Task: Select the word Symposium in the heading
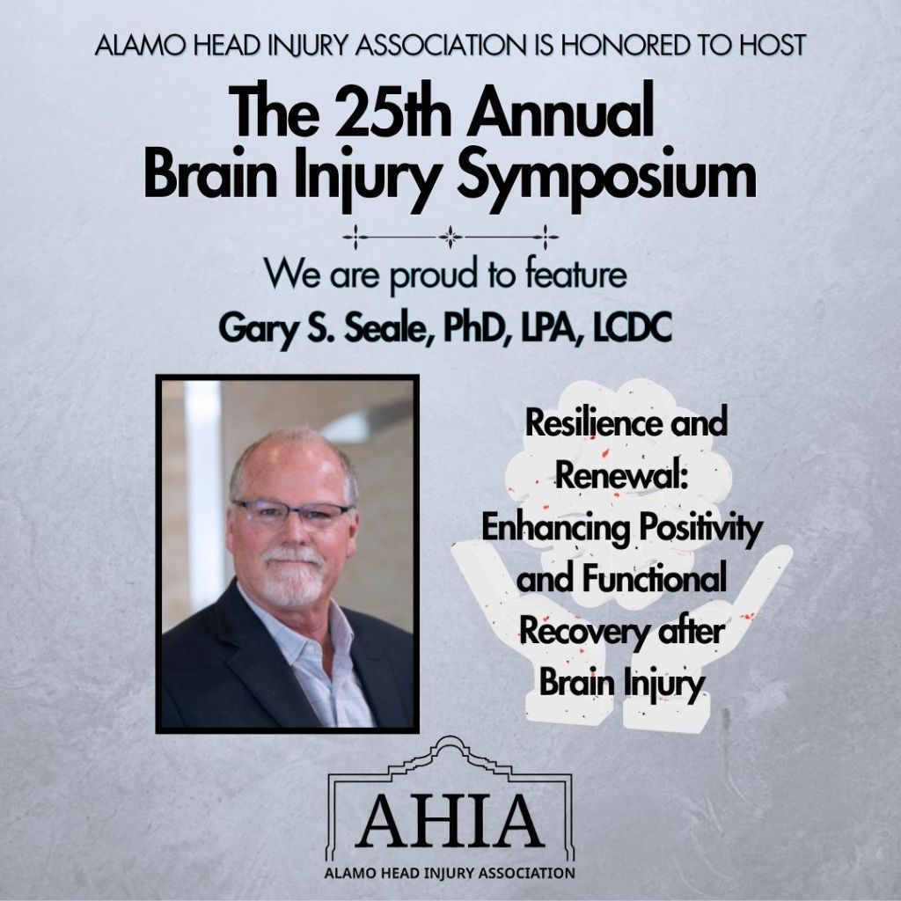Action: coord(606,179)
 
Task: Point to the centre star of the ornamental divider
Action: coord(450,237)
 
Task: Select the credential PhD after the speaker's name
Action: coord(472,328)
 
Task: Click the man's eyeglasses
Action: coord(290,510)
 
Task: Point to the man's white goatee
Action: coord(293,576)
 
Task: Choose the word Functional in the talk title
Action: coord(654,579)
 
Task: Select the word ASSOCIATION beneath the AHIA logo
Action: coord(527,874)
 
